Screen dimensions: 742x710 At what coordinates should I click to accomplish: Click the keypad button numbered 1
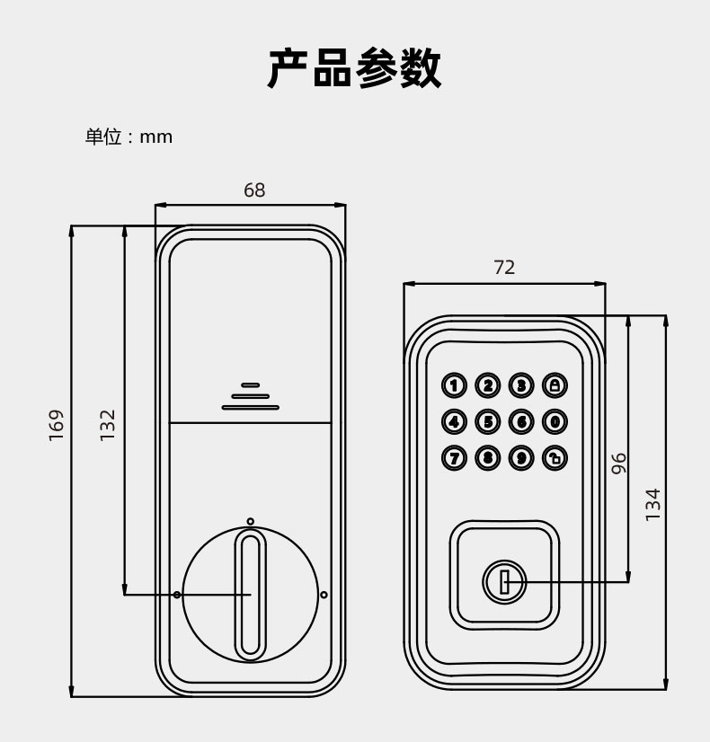454,386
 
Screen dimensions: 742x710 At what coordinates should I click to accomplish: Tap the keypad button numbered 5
487,421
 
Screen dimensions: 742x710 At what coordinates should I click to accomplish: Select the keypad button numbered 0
555,421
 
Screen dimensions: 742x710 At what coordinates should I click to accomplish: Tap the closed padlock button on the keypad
555,386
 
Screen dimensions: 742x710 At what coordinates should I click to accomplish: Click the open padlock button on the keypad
555,458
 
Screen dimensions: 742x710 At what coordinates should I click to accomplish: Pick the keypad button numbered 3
521,386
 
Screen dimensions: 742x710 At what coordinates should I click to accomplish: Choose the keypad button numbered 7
454,458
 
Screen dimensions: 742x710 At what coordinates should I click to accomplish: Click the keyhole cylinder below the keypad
503,582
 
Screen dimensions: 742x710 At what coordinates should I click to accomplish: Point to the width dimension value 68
254,190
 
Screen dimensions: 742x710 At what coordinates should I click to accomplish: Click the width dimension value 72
504,268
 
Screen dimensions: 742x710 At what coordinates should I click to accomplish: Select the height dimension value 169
57,426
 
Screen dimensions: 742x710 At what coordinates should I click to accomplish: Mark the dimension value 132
108,425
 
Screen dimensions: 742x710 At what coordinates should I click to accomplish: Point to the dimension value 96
618,464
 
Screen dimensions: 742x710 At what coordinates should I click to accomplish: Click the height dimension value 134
653,504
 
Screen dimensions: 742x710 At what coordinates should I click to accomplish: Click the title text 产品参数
355,68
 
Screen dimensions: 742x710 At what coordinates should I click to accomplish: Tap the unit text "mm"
155,137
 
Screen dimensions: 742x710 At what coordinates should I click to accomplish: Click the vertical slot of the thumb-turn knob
251,594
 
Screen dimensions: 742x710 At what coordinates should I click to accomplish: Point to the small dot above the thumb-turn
251,521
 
